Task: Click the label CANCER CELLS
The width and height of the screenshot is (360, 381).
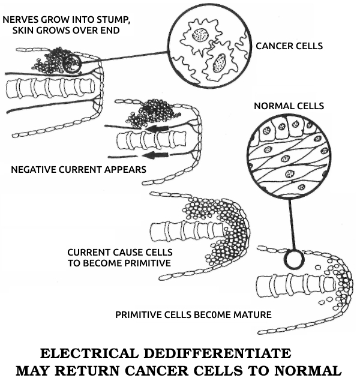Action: coord(290,45)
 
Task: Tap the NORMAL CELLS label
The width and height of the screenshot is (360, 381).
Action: coord(289,106)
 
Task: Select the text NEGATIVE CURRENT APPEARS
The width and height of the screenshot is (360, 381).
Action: coord(79,169)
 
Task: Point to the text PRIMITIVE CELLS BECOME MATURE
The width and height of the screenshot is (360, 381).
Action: coord(193,314)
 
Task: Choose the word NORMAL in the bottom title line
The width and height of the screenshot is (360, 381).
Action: coord(307,370)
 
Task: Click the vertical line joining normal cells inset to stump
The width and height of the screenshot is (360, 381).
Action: coord(291,225)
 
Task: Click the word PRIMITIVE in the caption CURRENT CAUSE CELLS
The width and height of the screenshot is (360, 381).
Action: coord(144,263)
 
